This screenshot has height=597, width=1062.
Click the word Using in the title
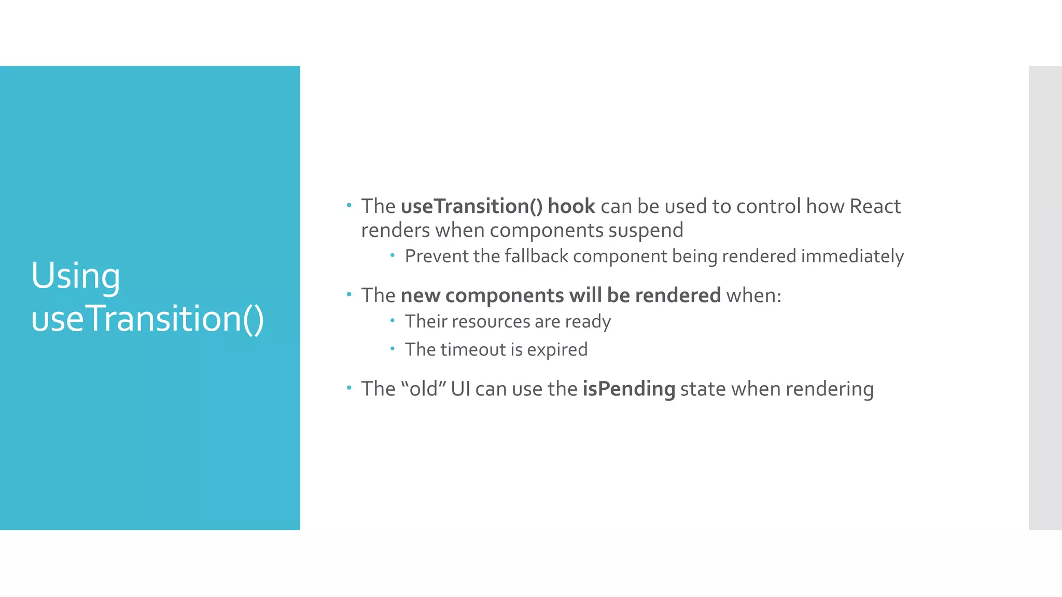point(76,276)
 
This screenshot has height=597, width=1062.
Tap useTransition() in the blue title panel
point(147,318)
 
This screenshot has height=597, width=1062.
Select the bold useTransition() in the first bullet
point(471,206)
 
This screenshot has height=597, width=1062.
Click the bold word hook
point(571,206)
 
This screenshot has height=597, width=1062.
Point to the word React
point(875,206)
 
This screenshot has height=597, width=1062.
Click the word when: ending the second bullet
point(753,295)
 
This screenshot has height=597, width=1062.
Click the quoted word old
point(424,389)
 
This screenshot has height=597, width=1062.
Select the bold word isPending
point(628,389)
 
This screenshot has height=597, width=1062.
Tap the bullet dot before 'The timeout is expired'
point(393,349)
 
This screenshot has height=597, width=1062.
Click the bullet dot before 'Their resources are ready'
point(393,321)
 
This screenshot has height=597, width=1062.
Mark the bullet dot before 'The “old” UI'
point(349,388)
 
